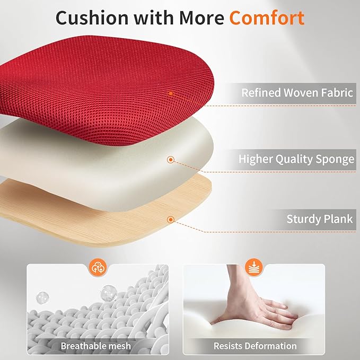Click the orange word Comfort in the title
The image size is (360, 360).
(x=266, y=17)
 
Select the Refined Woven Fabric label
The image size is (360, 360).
(x=297, y=93)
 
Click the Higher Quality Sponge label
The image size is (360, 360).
(x=296, y=159)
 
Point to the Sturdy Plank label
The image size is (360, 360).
(x=320, y=219)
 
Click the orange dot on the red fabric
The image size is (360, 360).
(x=171, y=93)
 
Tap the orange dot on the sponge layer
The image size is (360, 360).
(x=171, y=159)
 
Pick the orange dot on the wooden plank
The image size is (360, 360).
(x=171, y=219)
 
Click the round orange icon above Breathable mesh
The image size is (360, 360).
(x=97, y=267)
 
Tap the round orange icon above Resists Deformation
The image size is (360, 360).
(x=254, y=267)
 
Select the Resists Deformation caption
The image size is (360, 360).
(x=255, y=346)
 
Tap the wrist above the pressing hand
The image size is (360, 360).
(x=236, y=281)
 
